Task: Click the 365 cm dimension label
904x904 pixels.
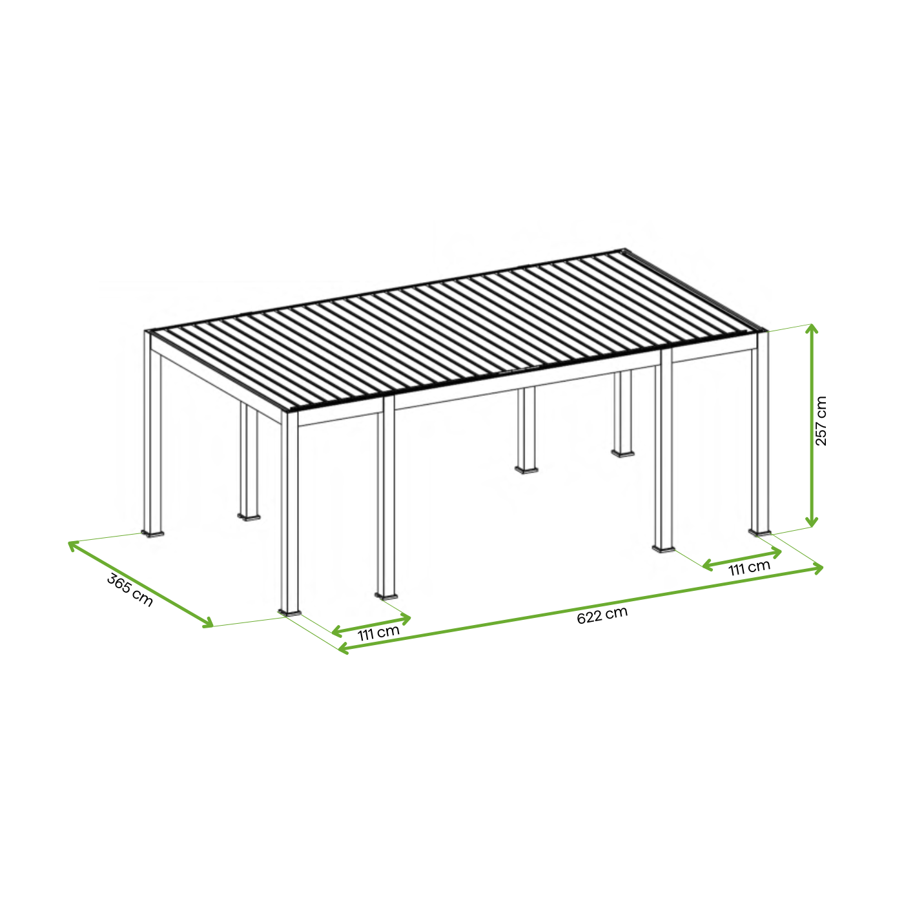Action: pyautogui.click(x=130, y=590)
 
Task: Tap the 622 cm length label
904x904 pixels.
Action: pyautogui.click(x=602, y=615)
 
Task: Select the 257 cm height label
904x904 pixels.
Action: pyautogui.click(x=821, y=420)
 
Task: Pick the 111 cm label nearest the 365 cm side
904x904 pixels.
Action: pyautogui.click(x=378, y=633)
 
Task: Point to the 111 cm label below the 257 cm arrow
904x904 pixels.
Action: pyautogui.click(x=749, y=568)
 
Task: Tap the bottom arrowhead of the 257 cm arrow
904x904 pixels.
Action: pyautogui.click(x=812, y=522)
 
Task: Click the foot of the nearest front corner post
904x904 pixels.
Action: pyautogui.click(x=290, y=612)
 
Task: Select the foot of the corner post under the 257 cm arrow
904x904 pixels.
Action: pyautogui.click(x=760, y=532)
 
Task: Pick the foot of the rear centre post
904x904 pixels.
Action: pyautogui.click(x=526, y=469)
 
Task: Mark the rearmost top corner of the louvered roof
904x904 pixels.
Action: pyautogui.click(x=625, y=249)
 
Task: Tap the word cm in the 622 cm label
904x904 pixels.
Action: pyautogui.click(x=617, y=613)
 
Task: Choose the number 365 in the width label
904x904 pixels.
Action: pyautogui.click(x=119, y=584)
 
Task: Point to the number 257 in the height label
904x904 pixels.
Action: pyautogui.click(x=821, y=431)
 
